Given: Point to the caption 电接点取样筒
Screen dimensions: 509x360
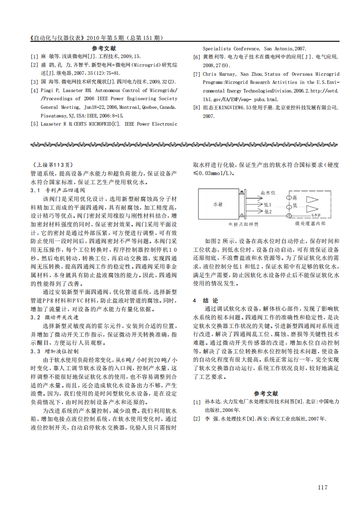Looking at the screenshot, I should [x=242, y=224].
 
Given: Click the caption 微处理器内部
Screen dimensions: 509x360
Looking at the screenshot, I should [x=310, y=223].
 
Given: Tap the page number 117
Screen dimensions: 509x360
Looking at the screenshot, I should [x=322, y=487].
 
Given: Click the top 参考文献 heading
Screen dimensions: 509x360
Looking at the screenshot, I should [x=104, y=48].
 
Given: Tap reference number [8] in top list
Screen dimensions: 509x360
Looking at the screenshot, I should [x=197, y=108].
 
